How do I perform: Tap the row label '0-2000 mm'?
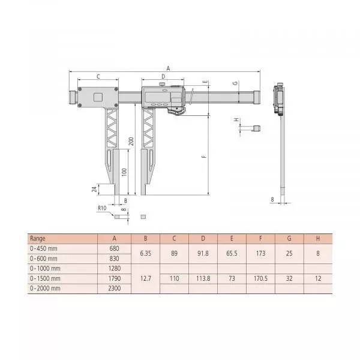click(x=45, y=289)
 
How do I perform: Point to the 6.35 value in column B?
click(x=145, y=253)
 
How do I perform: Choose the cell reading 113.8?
click(x=203, y=278)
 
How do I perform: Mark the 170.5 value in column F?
click(x=260, y=278)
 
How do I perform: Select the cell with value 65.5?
click(x=232, y=253)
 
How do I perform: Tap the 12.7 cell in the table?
click(x=145, y=278)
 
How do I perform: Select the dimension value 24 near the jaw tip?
click(x=94, y=189)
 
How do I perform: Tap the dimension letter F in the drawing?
click(x=205, y=157)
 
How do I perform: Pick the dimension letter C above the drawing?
click(x=98, y=77)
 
